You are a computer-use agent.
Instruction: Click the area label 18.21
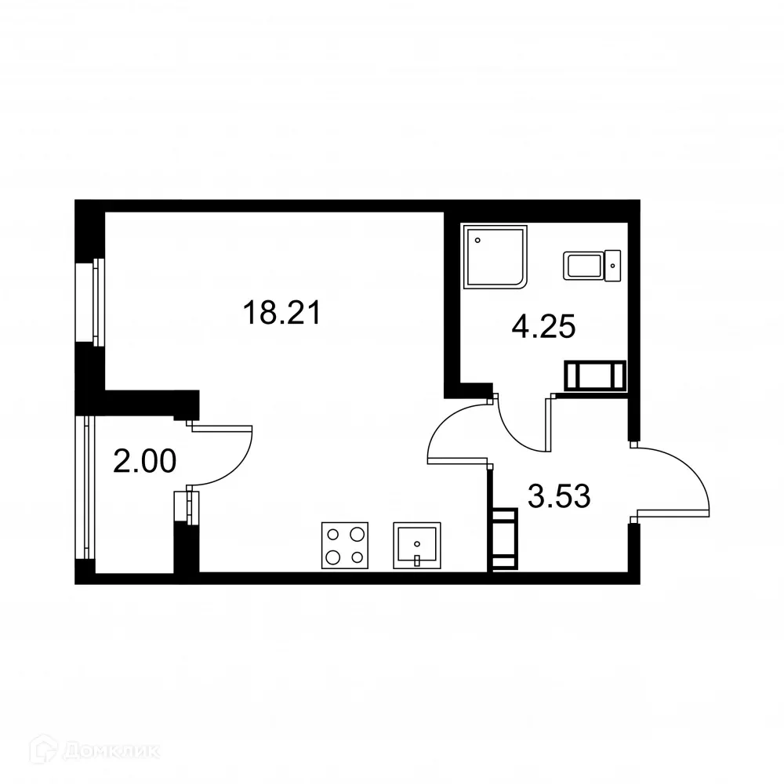[281, 314]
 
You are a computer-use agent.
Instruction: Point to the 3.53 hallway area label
[558, 496]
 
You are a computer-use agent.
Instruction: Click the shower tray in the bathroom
[495, 258]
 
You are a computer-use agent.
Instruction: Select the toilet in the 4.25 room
[592, 265]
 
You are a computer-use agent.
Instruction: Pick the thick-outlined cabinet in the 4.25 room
[596, 376]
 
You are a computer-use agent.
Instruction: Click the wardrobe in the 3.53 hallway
[503, 539]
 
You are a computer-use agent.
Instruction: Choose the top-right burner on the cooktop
[358, 535]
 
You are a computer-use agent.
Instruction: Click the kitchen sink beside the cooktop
[416, 545]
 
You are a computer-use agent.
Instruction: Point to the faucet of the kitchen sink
[418, 560]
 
